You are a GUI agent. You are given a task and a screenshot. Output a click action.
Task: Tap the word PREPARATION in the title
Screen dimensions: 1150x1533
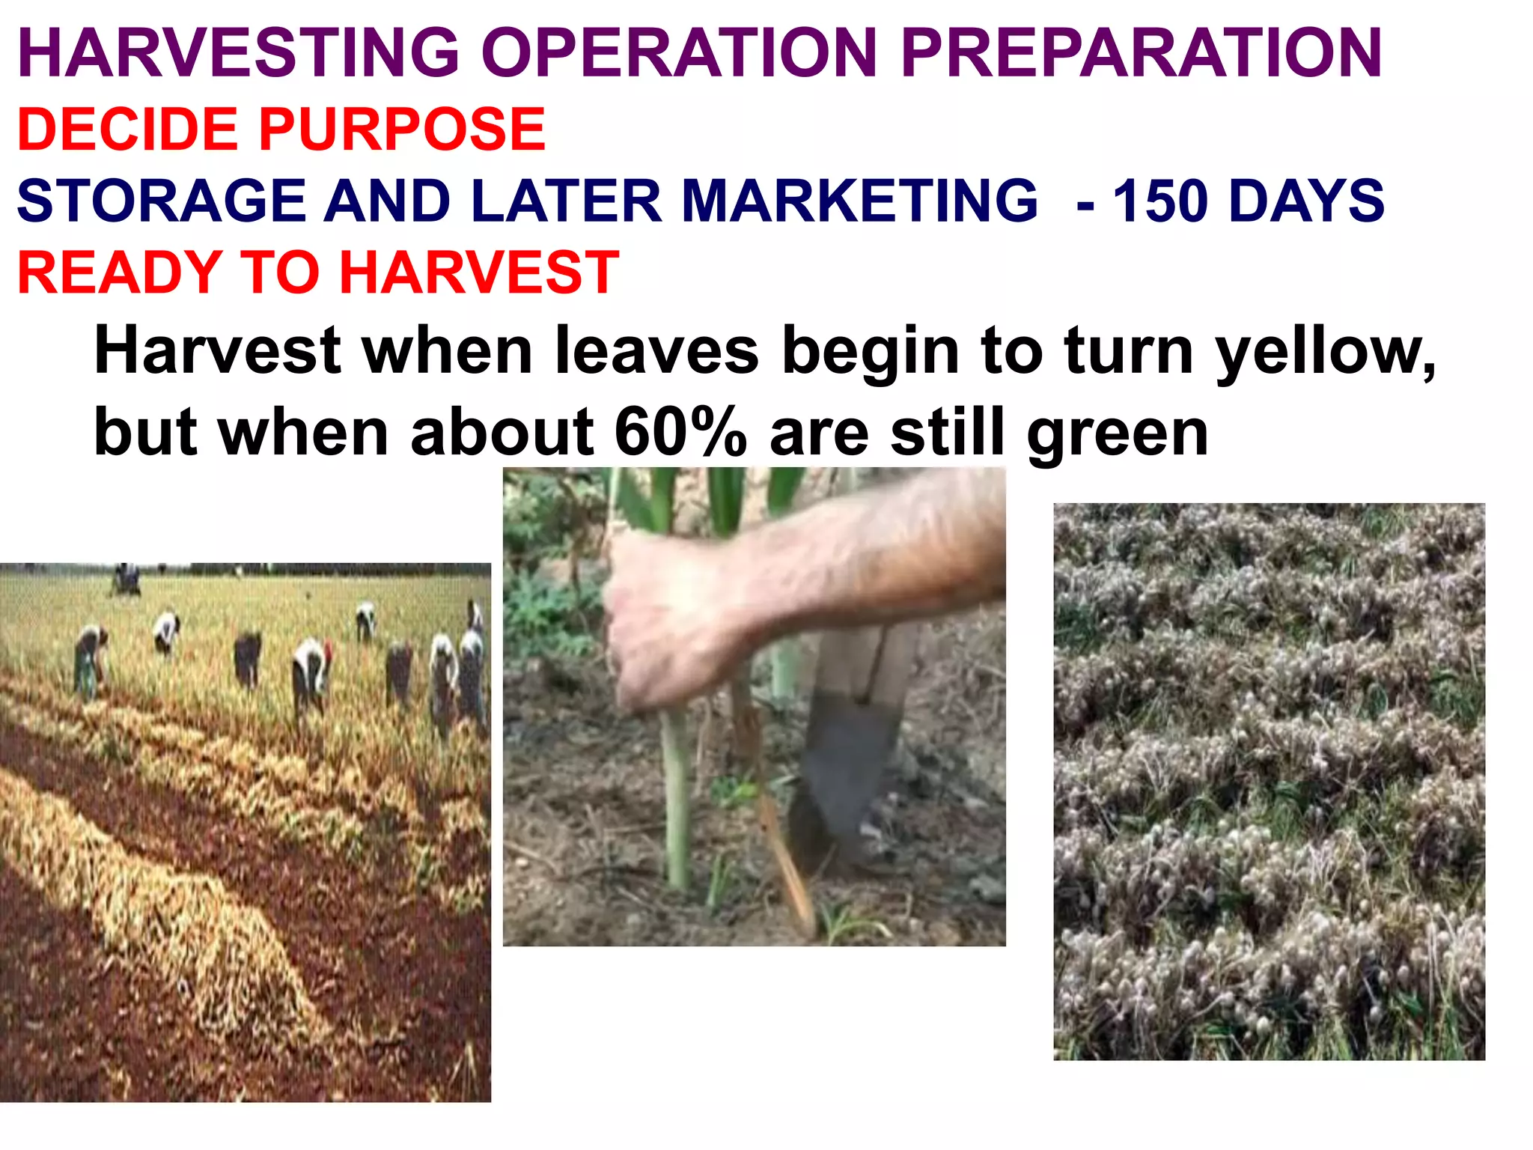point(1142,52)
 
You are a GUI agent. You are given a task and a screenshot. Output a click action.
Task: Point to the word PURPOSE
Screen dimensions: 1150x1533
point(402,130)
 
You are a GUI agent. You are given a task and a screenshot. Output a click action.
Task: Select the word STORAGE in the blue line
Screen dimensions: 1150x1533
point(162,201)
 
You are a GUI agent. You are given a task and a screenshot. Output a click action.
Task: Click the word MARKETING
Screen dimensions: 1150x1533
point(860,201)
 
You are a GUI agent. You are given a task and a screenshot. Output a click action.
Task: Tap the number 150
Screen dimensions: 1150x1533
point(1161,201)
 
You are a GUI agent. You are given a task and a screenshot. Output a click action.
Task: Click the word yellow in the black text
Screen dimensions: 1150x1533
point(1325,352)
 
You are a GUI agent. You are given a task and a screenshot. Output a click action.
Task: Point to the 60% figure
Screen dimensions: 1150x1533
point(680,433)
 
